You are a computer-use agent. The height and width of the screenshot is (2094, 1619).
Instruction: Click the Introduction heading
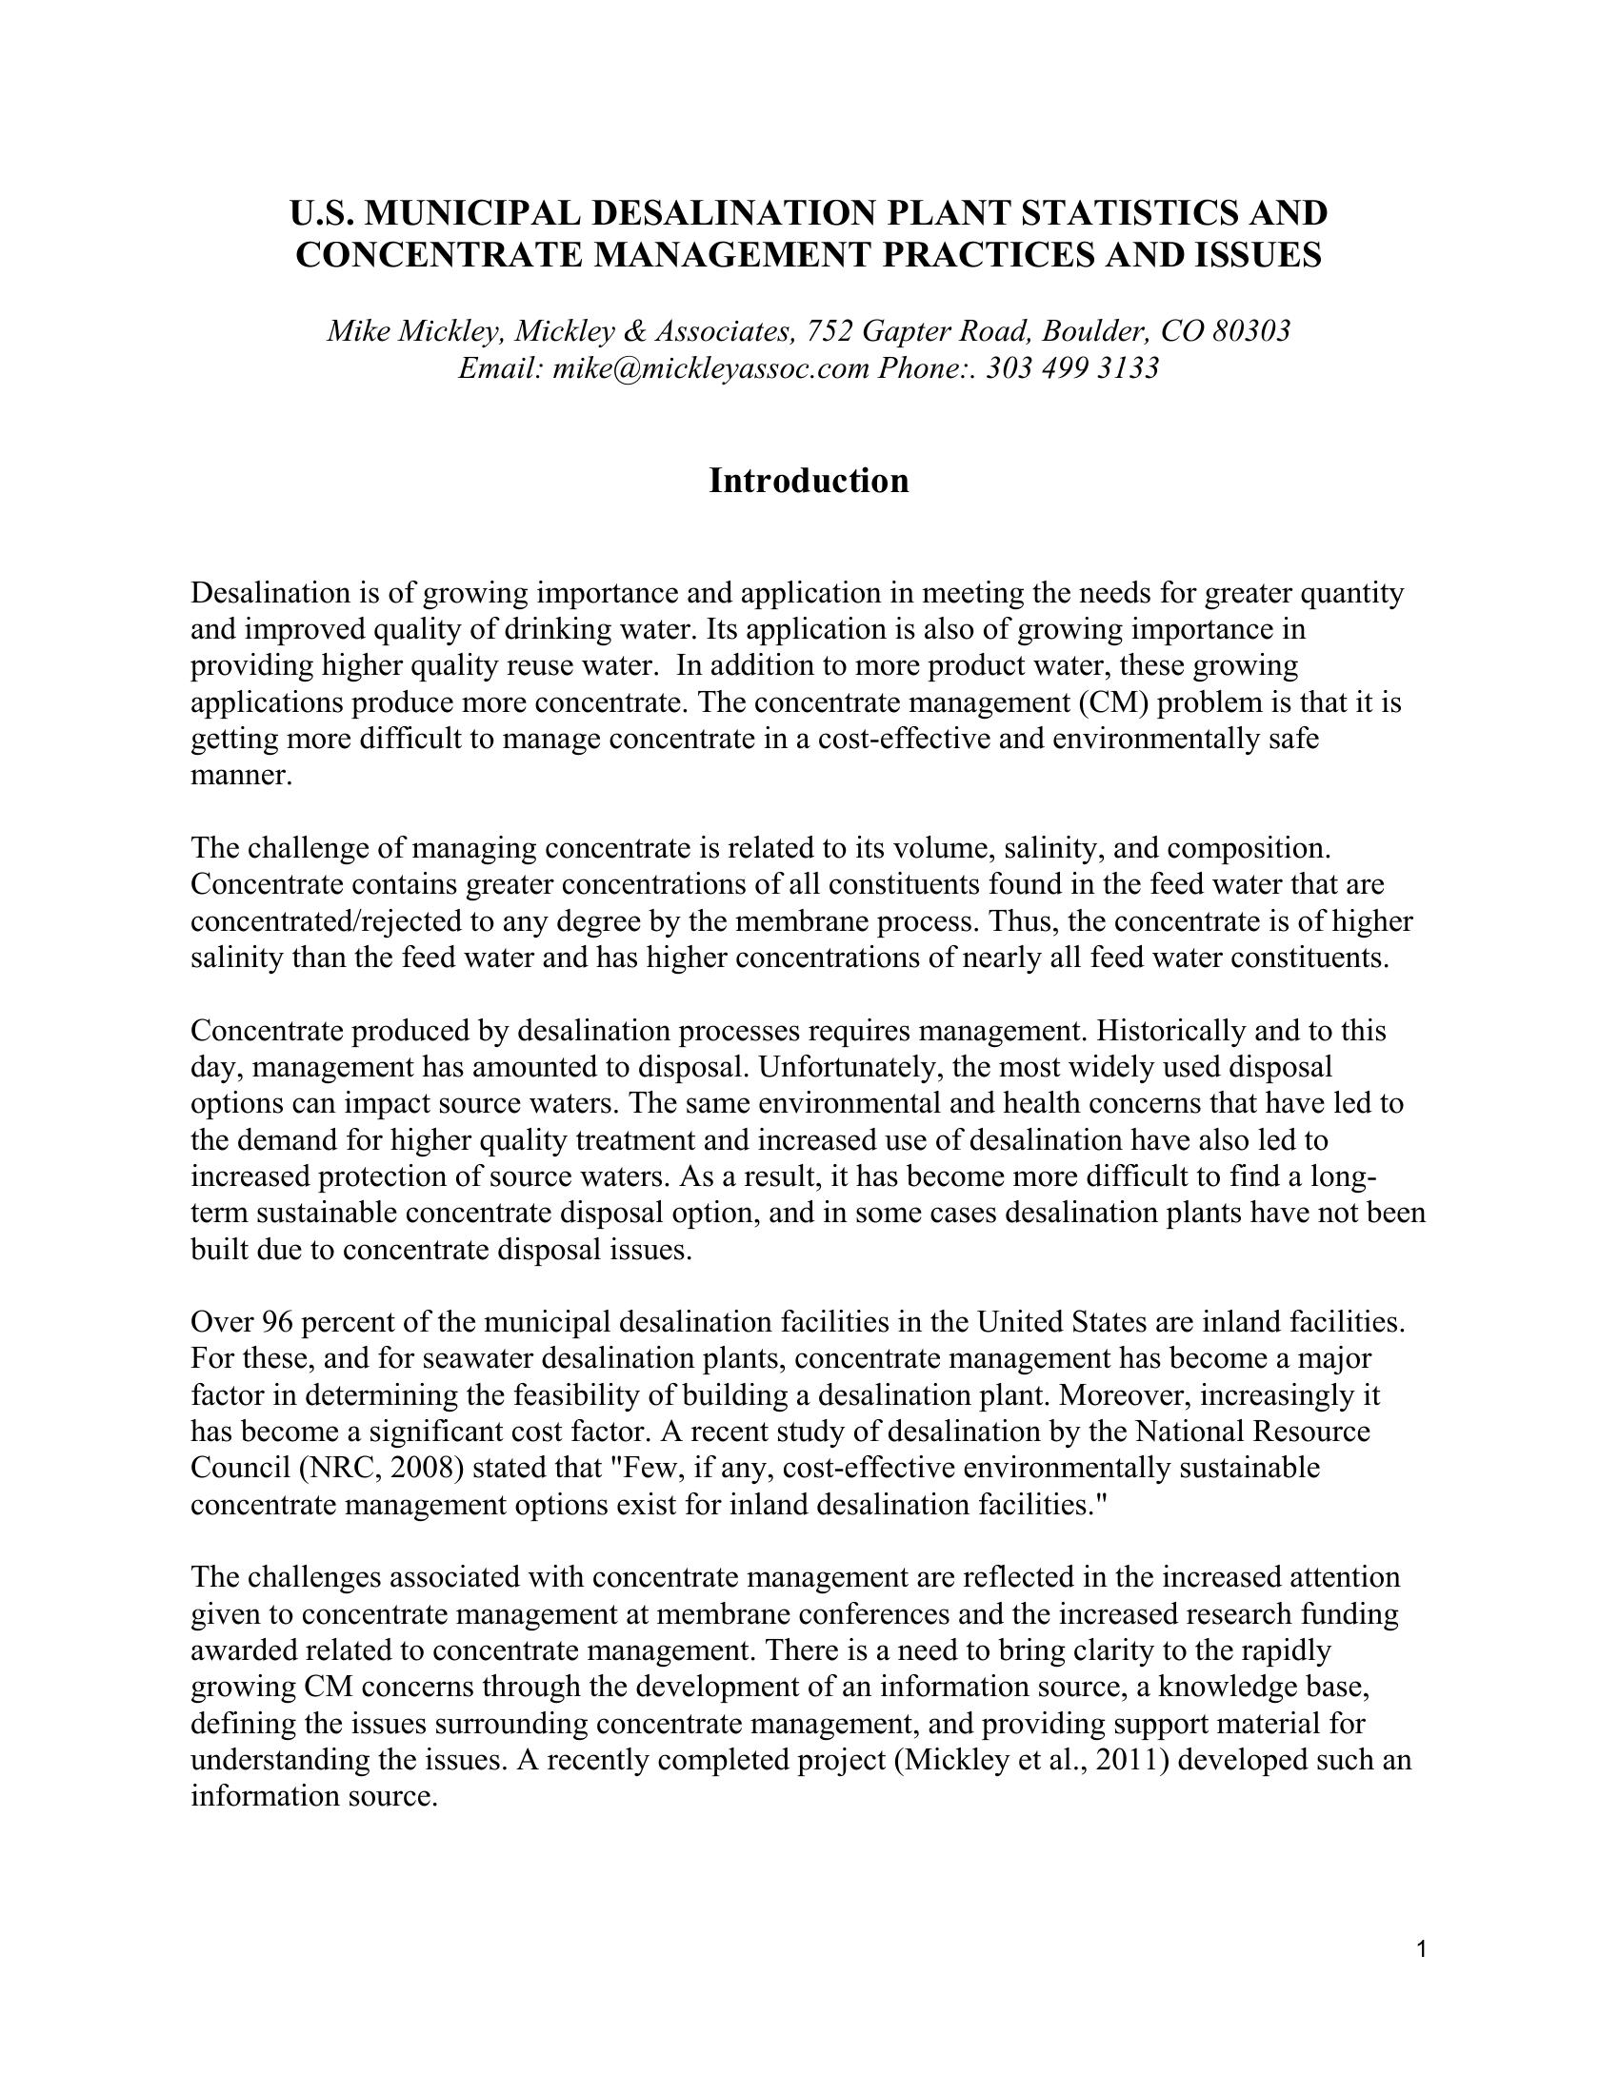[x=809, y=481]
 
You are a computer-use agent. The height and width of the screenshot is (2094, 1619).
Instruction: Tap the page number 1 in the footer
[x=1422, y=1948]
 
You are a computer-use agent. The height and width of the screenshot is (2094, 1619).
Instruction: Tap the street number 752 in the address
[x=829, y=331]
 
